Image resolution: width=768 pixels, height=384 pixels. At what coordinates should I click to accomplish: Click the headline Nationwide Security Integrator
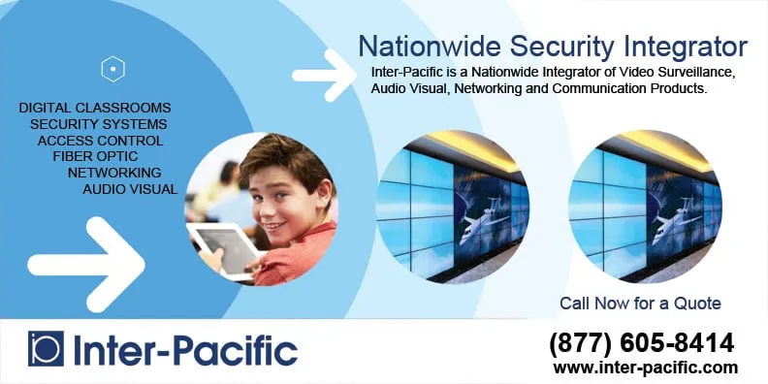(x=553, y=46)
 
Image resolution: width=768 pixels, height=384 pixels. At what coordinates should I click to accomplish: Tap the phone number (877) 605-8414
(x=641, y=342)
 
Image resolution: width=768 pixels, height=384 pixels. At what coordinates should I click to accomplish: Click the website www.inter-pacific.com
(x=646, y=368)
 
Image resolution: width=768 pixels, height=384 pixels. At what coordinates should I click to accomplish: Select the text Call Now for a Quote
(x=640, y=304)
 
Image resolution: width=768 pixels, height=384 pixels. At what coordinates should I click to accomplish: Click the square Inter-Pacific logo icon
(x=46, y=349)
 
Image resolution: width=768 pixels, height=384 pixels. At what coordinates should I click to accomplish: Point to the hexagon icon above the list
(x=113, y=69)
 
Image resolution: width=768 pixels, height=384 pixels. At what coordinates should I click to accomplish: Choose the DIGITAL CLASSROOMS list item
(x=95, y=108)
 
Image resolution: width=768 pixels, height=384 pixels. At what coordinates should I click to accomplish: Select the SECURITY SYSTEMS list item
(x=98, y=124)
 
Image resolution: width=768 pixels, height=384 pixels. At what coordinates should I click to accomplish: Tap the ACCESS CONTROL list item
(x=100, y=141)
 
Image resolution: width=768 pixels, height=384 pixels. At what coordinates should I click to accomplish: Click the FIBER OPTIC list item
(x=95, y=156)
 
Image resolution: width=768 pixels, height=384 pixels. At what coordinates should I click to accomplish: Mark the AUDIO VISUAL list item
(x=130, y=189)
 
